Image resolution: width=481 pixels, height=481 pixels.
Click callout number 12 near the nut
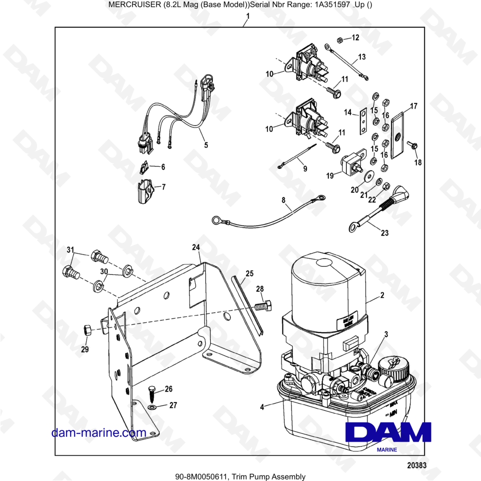(x=355, y=38)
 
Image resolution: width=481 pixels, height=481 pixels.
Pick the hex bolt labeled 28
(x=264, y=305)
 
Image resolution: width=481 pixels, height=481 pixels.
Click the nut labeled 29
(x=88, y=330)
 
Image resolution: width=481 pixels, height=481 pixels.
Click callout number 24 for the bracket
(x=195, y=248)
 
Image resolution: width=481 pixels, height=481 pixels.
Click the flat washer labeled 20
(x=368, y=176)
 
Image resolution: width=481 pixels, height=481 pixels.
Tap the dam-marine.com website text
(x=99, y=432)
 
